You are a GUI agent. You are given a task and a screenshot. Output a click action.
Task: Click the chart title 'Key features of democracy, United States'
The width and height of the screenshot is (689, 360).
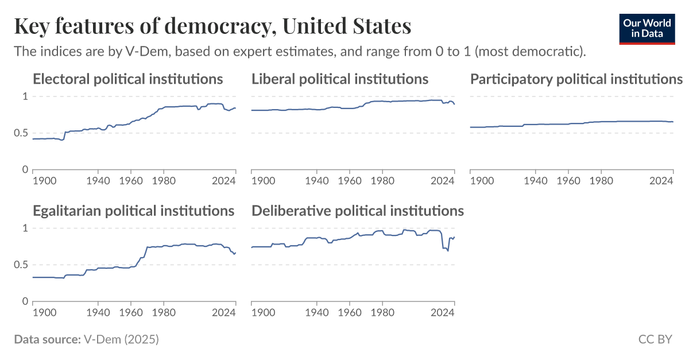coord(212,26)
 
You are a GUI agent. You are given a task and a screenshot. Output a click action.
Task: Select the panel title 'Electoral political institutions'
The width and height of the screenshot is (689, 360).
coord(127,79)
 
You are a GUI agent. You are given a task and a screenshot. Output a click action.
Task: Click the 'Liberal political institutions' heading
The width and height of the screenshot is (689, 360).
coord(340,79)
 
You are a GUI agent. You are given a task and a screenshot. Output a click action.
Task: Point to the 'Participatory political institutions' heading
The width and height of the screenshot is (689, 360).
coord(576,79)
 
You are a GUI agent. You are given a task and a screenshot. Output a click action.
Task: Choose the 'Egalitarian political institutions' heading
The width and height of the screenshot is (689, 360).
coord(133,211)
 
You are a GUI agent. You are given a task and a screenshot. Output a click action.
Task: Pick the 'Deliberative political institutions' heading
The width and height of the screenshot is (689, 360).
coord(358,211)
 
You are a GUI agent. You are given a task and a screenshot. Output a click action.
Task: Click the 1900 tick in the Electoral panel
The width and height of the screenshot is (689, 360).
coord(44,181)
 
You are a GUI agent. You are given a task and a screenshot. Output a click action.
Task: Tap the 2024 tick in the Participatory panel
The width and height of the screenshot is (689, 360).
coord(661,181)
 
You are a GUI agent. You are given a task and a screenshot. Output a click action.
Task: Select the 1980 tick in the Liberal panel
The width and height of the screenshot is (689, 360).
coord(382,181)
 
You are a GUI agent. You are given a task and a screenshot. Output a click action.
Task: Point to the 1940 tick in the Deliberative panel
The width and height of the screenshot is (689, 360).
coord(316,313)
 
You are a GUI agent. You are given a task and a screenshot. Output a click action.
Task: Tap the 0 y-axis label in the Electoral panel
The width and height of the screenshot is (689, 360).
coord(25,170)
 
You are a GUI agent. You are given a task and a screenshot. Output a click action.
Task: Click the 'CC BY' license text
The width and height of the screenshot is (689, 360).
coord(655,339)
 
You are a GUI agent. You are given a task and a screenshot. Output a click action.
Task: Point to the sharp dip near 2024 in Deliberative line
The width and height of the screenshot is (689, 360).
coord(447,250)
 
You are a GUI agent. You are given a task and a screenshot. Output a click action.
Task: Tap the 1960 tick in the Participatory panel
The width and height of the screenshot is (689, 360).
coord(568,181)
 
